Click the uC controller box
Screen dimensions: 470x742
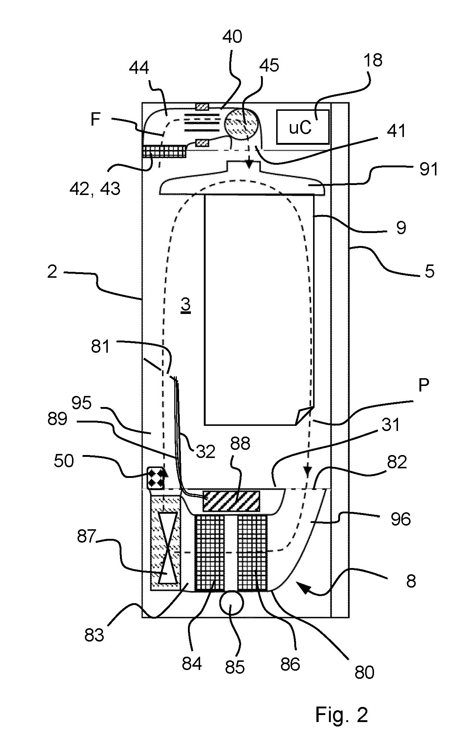coord(302,127)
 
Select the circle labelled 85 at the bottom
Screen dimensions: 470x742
coord(231,602)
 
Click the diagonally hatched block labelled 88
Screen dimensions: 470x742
coord(231,501)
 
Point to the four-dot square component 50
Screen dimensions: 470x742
coord(155,478)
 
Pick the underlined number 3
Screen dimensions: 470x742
coord(186,305)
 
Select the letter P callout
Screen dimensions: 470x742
coord(423,386)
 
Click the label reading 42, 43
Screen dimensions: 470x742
coord(95,189)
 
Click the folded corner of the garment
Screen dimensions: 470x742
coord(304,416)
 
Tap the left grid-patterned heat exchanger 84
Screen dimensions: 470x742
coord(209,553)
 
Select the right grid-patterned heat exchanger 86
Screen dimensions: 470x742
coord(252,553)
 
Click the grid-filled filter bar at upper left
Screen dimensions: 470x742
coord(164,151)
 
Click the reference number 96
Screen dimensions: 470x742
coord(400,520)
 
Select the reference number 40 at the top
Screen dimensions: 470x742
coord(233,37)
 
